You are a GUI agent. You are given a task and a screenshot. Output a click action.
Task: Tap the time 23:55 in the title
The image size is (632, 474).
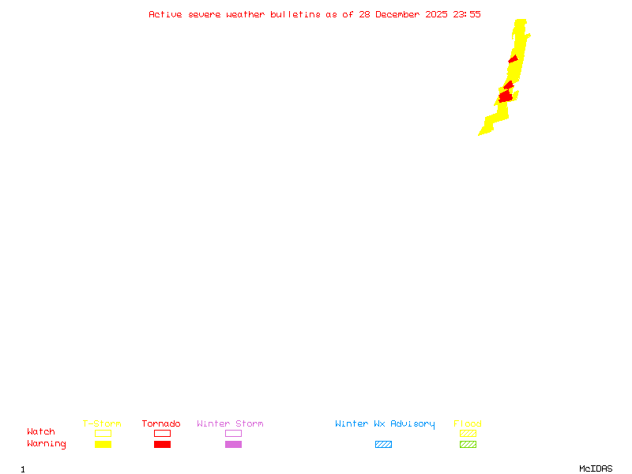point(468,14)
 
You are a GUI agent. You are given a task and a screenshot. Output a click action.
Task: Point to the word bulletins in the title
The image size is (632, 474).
point(295,14)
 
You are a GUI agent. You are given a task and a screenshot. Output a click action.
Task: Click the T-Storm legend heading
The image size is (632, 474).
point(102,423)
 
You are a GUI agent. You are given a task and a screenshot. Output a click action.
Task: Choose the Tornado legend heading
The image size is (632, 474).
point(161,423)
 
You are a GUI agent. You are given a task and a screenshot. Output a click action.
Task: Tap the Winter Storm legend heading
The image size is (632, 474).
point(230,423)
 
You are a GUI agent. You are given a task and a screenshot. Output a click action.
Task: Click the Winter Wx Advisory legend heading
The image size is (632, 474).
point(385,423)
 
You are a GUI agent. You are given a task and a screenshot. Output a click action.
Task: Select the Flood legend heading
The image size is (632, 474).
point(468,423)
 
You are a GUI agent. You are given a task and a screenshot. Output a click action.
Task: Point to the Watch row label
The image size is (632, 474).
point(41,432)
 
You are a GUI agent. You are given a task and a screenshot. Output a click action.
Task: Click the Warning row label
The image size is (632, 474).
point(47,444)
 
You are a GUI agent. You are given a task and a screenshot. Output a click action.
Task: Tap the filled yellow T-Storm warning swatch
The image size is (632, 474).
point(103,445)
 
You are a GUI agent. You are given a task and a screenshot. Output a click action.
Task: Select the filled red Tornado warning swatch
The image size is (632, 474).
point(162,445)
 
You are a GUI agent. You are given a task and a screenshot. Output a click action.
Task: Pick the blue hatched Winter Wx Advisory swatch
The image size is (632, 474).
point(383,445)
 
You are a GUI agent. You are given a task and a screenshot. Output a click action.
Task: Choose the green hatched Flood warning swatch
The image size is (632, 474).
point(468,445)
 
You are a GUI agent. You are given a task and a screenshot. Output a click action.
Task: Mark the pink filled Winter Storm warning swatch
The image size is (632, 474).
point(233,445)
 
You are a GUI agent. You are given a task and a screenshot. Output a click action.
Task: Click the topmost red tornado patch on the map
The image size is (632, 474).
point(514,59)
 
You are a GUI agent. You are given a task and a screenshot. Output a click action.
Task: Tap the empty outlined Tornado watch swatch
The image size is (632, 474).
point(162,433)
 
